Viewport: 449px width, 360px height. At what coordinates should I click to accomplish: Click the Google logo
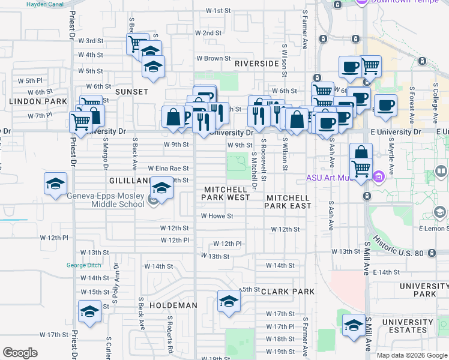click(x=20, y=353)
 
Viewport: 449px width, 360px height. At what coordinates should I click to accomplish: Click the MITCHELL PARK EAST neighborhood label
click(x=289, y=202)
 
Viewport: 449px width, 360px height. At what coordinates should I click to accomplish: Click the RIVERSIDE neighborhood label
click(x=257, y=63)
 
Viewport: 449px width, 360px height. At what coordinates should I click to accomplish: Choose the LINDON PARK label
click(x=38, y=102)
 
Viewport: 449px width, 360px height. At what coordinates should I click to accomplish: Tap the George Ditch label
click(x=82, y=265)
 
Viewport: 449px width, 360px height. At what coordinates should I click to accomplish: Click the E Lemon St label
click(x=433, y=229)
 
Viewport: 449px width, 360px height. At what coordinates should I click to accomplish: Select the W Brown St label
click(x=213, y=59)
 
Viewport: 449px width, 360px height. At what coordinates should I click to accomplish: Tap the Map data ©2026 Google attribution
click(x=411, y=355)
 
